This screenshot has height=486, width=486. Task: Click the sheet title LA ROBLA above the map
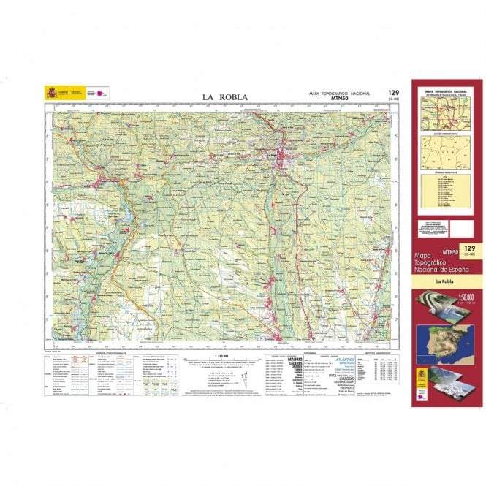(225, 96)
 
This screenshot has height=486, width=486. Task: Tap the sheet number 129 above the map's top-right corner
(394, 92)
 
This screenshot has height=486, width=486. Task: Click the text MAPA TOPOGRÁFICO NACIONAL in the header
(339, 93)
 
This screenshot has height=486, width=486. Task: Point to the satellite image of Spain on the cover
(444, 343)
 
